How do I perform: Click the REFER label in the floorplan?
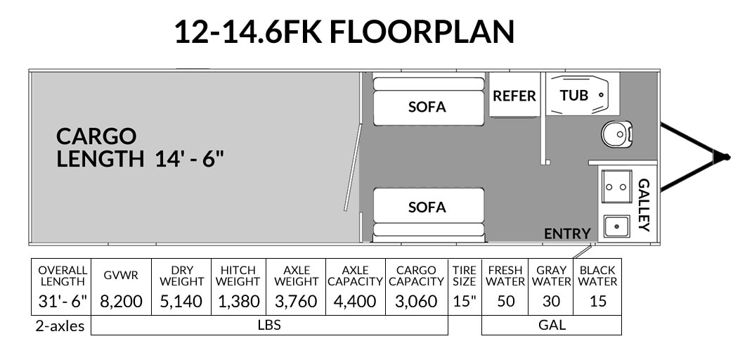pyautogui.click(x=514, y=96)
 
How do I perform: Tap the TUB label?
pyautogui.click(x=574, y=96)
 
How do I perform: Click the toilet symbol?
pyautogui.click(x=617, y=134)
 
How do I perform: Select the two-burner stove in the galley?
pyautogui.click(x=616, y=187)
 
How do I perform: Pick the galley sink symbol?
pyautogui.click(x=617, y=226)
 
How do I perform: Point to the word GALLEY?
pyautogui.click(x=644, y=205)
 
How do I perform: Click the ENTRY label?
pyautogui.click(x=567, y=233)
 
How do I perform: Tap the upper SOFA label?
pyautogui.click(x=427, y=107)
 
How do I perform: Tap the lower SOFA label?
pyautogui.click(x=427, y=207)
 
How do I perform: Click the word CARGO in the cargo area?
pyautogui.click(x=96, y=136)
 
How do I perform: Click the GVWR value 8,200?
pyautogui.click(x=122, y=302)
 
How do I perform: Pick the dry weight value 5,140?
pyautogui.click(x=182, y=302)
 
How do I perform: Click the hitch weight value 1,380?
pyautogui.click(x=239, y=302)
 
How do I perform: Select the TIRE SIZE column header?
pyautogui.click(x=465, y=276)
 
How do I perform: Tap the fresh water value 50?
pyautogui.click(x=505, y=302)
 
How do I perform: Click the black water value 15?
pyautogui.click(x=597, y=302)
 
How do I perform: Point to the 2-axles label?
pyautogui.click(x=60, y=326)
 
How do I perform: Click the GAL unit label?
pyautogui.click(x=552, y=324)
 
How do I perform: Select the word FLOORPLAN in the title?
pyautogui.click(x=422, y=32)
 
